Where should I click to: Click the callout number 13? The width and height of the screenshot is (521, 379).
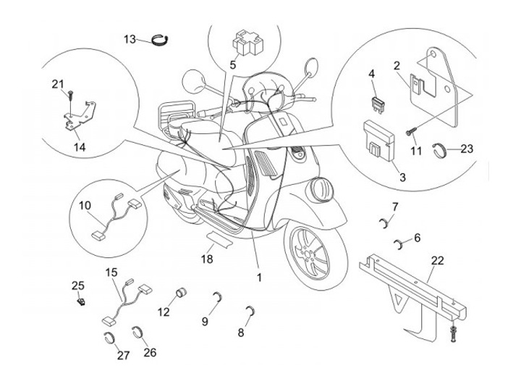coord(130,38)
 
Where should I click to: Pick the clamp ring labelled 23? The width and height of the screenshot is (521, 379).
coord(444,150)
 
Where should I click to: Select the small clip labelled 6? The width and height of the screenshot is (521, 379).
coord(399,241)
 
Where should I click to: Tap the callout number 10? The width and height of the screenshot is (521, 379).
coord(85,205)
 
